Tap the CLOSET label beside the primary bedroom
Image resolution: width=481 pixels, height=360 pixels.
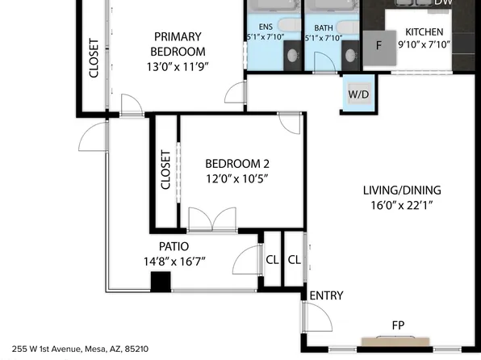(94, 58)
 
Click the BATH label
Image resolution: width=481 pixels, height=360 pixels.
(324, 27)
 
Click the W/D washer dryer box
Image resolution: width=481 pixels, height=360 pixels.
(358, 94)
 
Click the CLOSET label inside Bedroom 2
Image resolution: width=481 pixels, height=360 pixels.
(165, 170)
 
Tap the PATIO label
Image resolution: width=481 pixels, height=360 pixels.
(174, 246)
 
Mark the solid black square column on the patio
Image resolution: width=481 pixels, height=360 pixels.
(161, 282)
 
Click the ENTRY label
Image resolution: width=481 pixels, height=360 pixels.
(326, 295)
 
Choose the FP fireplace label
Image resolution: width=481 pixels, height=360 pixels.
(398, 325)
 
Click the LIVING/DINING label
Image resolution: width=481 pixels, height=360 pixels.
(401, 190)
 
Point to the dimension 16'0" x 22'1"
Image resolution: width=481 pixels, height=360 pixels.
(401, 205)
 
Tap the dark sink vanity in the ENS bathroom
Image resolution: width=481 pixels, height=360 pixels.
(292, 55)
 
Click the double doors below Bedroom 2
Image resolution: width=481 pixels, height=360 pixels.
(212, 220)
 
